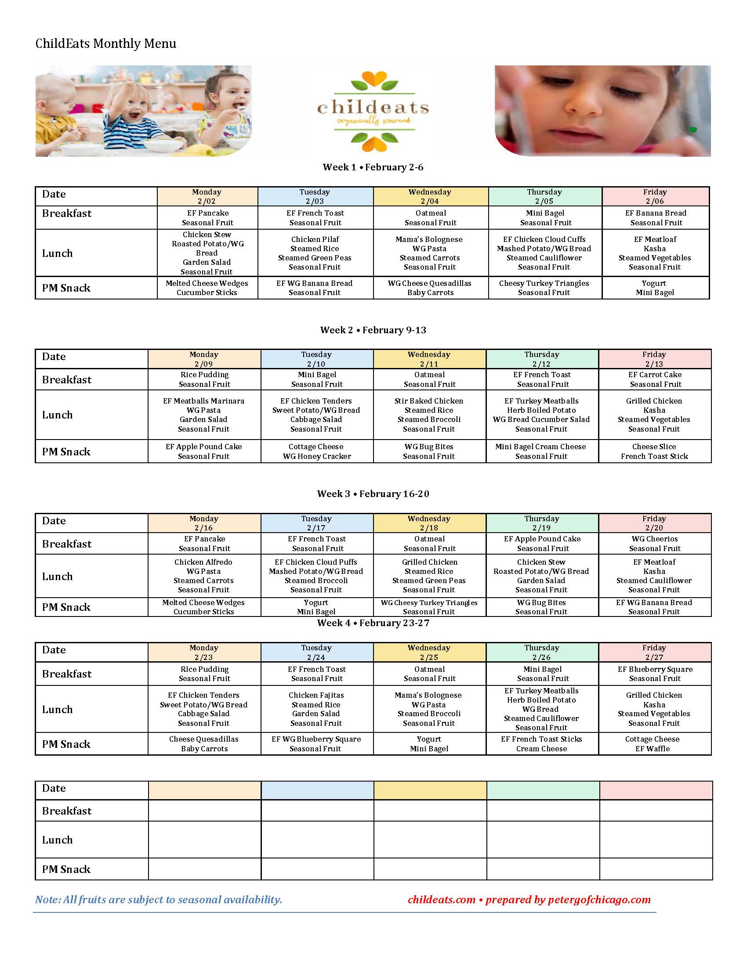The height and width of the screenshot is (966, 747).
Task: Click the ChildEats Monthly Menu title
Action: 106,43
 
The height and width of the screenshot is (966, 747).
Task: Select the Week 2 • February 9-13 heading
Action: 373,330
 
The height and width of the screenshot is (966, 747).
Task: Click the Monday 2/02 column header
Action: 207,196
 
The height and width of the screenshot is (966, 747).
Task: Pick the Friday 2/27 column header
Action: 654,652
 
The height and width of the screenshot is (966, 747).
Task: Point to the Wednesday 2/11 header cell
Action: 429,359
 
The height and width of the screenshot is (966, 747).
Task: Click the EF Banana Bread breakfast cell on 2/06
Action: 656,218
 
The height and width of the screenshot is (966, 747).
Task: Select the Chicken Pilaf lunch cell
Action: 315,253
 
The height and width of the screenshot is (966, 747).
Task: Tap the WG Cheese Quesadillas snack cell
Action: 430,288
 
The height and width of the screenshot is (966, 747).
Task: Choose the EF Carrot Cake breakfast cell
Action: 655,379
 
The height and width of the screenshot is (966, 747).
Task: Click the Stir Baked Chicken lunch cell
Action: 429,415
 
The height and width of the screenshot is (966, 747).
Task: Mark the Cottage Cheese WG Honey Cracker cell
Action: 316,451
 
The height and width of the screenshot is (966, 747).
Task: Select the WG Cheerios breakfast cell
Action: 655,544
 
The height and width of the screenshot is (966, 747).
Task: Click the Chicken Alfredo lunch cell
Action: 203,576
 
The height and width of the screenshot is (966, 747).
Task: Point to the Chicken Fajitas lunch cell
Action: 316,709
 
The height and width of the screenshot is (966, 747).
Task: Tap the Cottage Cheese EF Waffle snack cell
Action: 652,744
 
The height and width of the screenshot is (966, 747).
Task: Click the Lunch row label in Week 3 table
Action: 58,577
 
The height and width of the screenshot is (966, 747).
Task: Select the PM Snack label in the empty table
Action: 66,869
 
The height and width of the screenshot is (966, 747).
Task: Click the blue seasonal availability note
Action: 159,900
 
